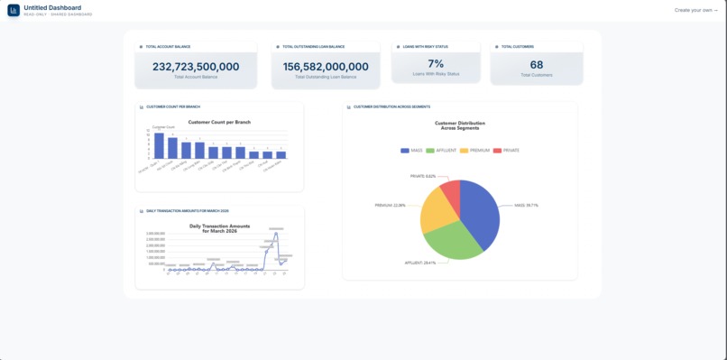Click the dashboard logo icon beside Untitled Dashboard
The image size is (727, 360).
[14, 11]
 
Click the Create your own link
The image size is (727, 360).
[695, 11]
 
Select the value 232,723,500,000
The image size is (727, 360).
[196, 67]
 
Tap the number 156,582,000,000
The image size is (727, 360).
[326, 67]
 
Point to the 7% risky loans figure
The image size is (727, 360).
[436, 64]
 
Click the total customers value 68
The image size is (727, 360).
[537, 65]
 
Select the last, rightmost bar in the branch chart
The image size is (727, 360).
[281, 155]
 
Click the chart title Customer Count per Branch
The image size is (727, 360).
[219, 122]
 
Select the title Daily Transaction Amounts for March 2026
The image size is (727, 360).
[219, 229]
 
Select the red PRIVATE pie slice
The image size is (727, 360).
[451, 190]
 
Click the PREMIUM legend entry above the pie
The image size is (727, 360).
[475, 151]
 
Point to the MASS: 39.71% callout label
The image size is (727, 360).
[526, 206]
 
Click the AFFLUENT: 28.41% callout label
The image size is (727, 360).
[420, 263]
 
